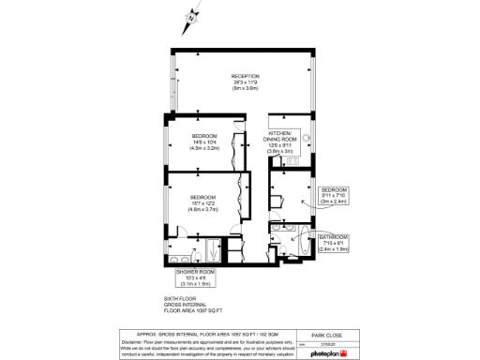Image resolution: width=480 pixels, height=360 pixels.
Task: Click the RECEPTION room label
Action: pyautogui.click(x=246, y=76)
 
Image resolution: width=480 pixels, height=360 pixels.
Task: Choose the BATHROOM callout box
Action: pyautogui.click(x=333, y=243)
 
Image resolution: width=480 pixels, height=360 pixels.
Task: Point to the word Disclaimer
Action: pyautogui.click(x=137, y=341)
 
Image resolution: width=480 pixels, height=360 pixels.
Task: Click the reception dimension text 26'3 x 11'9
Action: pyautogui.click(x=246, y=82)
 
